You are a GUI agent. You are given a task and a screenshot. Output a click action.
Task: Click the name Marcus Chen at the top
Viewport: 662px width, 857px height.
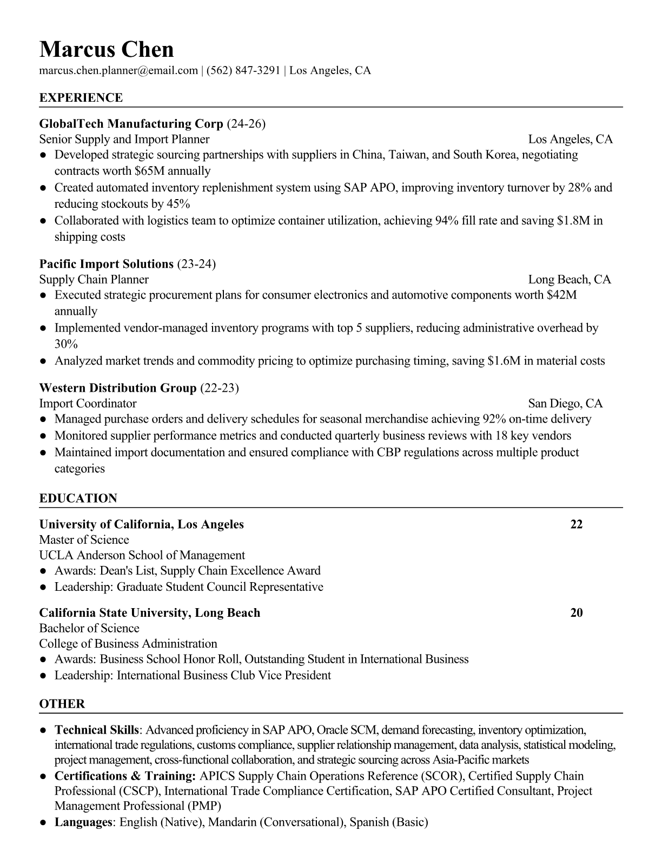tap(107, 50)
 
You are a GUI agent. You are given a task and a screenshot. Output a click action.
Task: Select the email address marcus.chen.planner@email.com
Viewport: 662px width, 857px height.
tap(118, 70)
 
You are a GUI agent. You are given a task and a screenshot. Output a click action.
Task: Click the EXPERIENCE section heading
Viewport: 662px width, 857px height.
tap(81, 98)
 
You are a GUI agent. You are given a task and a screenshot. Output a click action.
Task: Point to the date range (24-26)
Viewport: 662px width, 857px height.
tap(246, 124)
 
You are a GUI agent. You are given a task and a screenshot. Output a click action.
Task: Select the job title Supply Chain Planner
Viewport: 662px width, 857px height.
tap(94, 279)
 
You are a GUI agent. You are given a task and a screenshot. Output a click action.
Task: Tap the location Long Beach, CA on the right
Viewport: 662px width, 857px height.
tap(570, 279)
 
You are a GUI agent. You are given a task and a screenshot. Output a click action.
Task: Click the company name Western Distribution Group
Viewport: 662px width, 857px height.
tap(118, 388)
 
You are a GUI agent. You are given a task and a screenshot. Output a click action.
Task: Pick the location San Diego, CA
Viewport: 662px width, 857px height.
tap(565, 404)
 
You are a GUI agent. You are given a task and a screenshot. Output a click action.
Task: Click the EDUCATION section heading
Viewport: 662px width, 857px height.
tap(78, 498)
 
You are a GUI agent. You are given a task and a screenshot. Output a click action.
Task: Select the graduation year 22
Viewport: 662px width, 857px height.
tap(577, 524)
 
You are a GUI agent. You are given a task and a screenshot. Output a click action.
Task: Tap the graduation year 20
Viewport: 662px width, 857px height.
tap(577, 613)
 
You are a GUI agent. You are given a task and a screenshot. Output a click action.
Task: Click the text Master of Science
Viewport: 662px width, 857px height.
tap(84, 540)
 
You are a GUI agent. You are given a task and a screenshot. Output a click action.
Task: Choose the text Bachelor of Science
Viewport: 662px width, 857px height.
tap(89, 628)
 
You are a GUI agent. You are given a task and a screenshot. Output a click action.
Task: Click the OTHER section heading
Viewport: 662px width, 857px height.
tap(62, 704)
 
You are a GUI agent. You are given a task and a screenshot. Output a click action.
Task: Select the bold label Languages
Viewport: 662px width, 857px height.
tap(83, 823)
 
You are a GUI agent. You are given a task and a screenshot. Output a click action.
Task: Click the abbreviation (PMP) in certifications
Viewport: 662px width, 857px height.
tap(204, 806)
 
